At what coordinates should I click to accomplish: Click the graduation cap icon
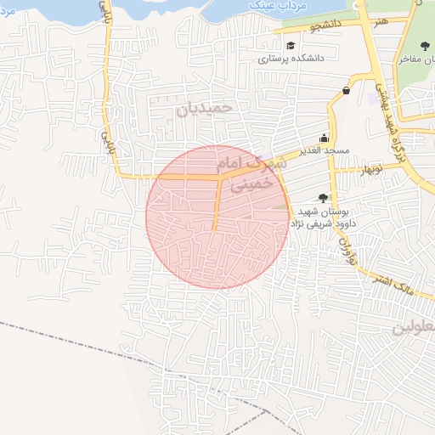[x=291, y=46]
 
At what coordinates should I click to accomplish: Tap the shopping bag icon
[x=346, y=90]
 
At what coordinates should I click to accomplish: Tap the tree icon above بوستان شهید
[x=322, y=197]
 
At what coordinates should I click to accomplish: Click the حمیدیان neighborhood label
[x=204, y=109]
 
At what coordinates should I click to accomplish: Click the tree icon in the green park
[x=425, y=46]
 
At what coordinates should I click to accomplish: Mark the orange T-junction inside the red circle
[x=221, y=178]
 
